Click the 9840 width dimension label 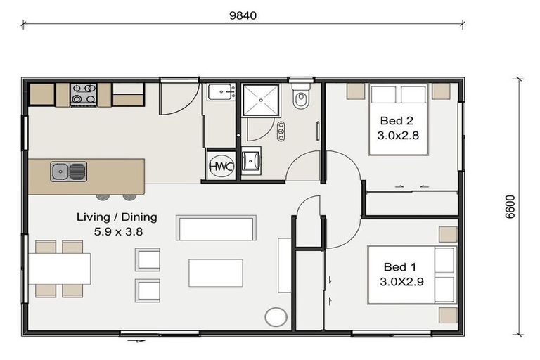click(x=243, y=16)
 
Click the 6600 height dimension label click(x=510, y=207)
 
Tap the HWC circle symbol click(x=221, y=166)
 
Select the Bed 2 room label click(x=397, y=121)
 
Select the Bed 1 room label click(x=400, y=267)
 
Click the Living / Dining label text click(x=117, y=217)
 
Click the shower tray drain click(x=261, y=101)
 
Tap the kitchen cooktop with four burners click(x=84, y=94)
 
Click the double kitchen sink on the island click(x=68, y=172)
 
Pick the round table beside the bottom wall click(x=276, y=317)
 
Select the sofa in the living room click(x=216, y=228)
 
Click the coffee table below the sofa click(x=216, y=274)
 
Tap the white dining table click(x=59, y=269)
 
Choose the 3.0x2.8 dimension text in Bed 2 click(x=398, y=136)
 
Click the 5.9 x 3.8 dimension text click(x=118, y=232)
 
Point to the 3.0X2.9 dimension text click(x=401, y=282)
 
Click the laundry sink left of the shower click(x=221, y=92)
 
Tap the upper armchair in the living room click(x=148, y=259)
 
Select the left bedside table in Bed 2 click(x=356, y=91)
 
